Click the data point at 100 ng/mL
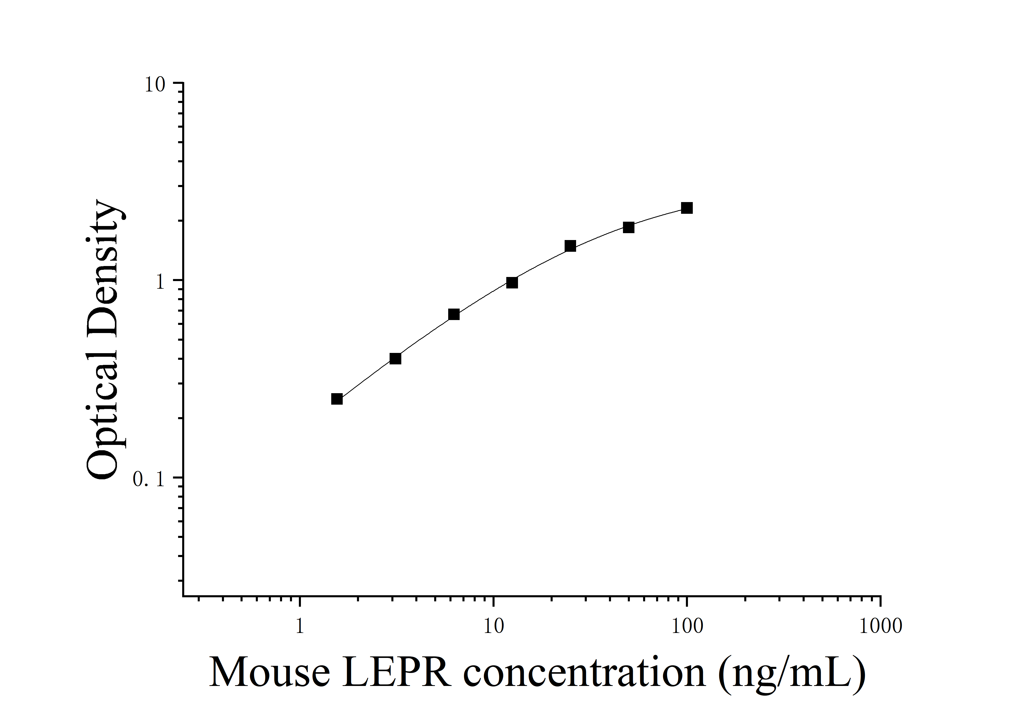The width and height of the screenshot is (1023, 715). click(x=687, y=208)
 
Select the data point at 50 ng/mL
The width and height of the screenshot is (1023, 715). click(x=628, y=228)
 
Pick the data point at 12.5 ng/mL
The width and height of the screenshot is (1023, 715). click(x=512, y=283)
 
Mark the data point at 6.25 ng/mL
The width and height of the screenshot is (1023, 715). click(x=454, y=314)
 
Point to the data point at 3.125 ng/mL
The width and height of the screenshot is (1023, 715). click(x=395, y=359)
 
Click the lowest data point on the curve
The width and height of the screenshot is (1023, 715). click(x=337, y=399)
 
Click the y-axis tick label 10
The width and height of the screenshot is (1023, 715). click(x=155, y=85)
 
